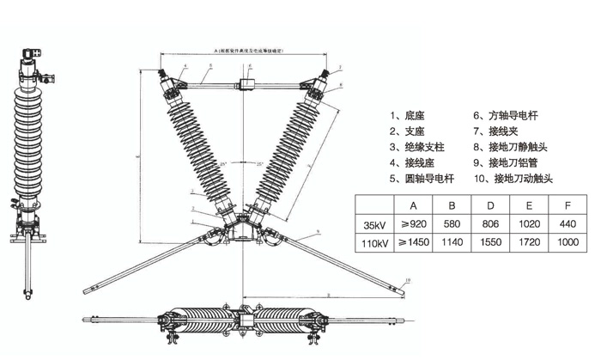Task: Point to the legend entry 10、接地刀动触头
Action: pyautogui.click(x=513, y=179)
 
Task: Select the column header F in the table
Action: pyautogui.click(x=567, y=206)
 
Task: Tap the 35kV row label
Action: pyautogui.click(x=374, y=226)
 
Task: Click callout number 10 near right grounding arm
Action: pyautogui.click(x=408, y=280)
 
